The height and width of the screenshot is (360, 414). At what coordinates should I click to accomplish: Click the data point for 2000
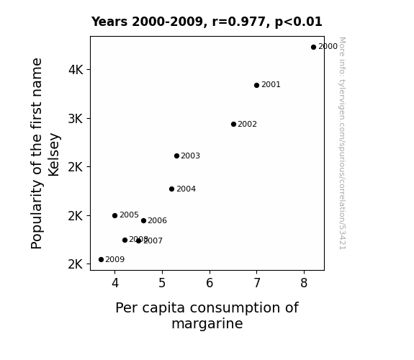tap(313, 48)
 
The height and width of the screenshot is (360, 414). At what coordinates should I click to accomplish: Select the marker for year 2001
tap(256, 85)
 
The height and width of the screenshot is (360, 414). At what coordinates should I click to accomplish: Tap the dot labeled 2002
tap(233, 124)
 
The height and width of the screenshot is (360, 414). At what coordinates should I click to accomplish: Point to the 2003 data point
tap(176, 156)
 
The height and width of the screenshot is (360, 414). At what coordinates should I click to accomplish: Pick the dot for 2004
tap(171, 189)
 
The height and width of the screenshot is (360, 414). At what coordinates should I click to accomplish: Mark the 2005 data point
tap(114, 215)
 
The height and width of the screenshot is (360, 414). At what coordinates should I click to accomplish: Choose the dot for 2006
tap(143, 220)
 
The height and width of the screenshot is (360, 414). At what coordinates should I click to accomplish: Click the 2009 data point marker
tap(101, 260)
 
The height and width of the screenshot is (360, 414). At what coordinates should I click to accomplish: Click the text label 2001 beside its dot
tap(271, 84)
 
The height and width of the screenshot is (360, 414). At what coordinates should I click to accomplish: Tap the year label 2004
tap(186, 189)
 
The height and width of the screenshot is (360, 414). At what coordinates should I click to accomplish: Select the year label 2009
tap(115, 259)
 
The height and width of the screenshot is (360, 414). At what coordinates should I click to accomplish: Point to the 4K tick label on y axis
tap(76, 70)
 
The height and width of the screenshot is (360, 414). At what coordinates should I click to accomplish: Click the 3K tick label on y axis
tap(76, 119)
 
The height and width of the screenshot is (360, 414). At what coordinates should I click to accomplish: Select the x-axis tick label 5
tap(162, 283)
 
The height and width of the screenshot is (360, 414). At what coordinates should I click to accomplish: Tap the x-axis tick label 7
tap(256, 283)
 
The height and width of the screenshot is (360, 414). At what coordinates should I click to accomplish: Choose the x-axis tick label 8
tap(304, 283)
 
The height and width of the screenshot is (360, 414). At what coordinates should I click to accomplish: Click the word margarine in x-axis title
tap(207, 324)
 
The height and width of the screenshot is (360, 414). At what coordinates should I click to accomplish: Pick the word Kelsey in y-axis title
tap(54, 155)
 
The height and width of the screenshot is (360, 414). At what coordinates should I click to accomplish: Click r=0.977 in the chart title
tap(239, 22)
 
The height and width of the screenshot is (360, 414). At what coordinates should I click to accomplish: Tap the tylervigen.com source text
tap(342, 143)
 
